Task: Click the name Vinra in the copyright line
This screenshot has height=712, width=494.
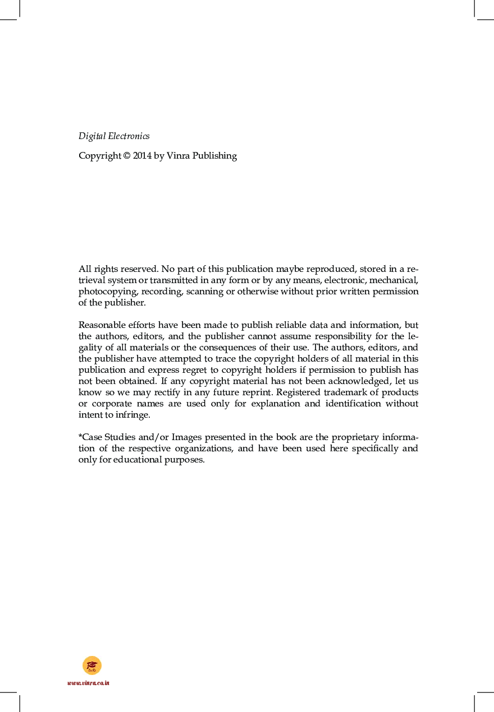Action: point(179,156)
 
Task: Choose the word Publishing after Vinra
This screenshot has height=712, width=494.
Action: point(214,156)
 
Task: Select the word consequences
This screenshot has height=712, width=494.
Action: point(227,348)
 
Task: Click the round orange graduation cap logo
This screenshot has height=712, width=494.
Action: point(92,665)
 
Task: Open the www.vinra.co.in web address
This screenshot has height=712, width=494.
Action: point(88,683)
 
